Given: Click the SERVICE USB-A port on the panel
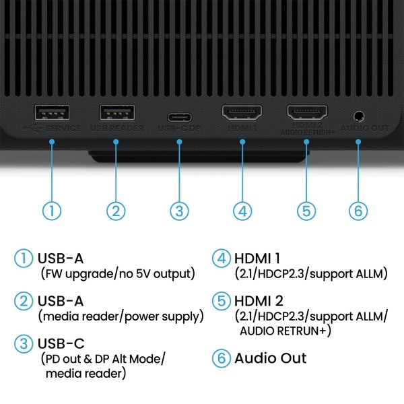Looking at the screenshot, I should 51,112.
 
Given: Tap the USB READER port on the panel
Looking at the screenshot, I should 116,112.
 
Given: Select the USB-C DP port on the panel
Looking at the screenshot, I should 179,113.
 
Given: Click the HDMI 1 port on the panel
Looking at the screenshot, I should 242,112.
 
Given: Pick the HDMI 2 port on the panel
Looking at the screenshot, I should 307,112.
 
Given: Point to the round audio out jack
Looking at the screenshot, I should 358,114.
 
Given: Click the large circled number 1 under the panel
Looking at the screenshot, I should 52,210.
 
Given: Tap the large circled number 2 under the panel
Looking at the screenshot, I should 116,210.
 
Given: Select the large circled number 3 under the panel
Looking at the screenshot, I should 178,210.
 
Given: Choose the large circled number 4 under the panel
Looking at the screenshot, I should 242,210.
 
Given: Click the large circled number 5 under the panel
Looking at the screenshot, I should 307,210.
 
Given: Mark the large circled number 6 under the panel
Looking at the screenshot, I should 358,210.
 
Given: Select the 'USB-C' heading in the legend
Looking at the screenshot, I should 61,343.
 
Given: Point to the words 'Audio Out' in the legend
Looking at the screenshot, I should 270,358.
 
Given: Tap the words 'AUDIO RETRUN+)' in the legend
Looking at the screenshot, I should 285,331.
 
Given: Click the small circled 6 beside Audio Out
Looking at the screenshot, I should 221,358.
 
